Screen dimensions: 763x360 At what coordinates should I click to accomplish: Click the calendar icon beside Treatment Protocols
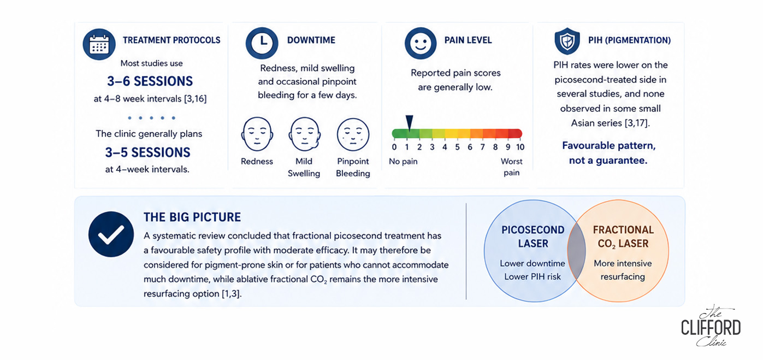(x=99, y=44)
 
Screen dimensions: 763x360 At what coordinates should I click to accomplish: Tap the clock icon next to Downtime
(x=262, y=43)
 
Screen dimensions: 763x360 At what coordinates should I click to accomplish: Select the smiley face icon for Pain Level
(x=421, y=43)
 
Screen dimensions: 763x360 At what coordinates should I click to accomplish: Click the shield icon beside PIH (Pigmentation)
(x=567, y=41)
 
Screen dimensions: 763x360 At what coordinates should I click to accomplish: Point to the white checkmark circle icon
(x=111, y=234)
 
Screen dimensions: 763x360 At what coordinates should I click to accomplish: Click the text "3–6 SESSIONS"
(x=150, y=81)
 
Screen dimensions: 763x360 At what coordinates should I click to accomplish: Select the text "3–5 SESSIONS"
(x=148, y=152)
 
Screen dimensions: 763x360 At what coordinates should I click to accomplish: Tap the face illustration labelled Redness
(x=257, y=134)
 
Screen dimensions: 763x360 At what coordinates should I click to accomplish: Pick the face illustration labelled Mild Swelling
(x=305, y=134)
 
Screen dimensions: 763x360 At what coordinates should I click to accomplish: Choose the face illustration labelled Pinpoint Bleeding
(x=353, y=134)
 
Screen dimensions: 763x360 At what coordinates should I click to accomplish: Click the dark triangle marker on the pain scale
(x=410, y=122)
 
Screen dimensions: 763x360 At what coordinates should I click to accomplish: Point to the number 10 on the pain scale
(x=520, y=147)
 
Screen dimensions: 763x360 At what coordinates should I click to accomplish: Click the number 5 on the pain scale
(x=458, y=147)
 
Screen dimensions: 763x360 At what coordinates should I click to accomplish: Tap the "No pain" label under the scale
(x=403, y=162)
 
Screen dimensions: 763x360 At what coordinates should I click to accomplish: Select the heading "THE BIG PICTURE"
(x=192, y=217)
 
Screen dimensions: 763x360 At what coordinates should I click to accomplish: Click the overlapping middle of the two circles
(x=576, y=251)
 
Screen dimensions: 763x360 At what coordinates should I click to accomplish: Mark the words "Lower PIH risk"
(x=533, y=277)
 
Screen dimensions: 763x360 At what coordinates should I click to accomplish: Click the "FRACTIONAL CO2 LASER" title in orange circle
(x=623, y=237)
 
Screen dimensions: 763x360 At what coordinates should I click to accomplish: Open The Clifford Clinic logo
(x=711, y=326)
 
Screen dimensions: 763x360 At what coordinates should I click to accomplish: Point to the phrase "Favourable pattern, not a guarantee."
(x=608, y=153)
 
